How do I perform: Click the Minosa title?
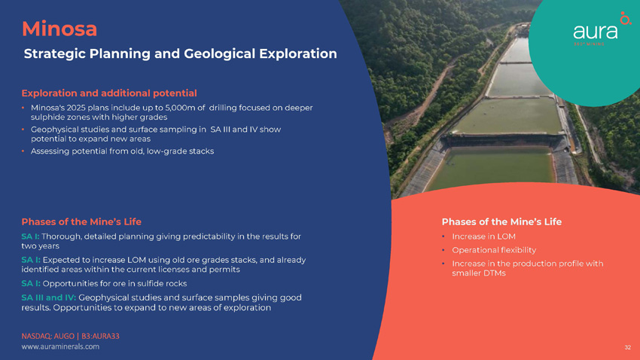59,29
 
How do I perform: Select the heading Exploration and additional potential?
109,93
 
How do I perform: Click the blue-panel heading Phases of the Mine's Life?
81,221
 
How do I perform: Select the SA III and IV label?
49,297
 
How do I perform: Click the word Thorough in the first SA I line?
61,236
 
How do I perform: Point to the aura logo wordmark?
595,32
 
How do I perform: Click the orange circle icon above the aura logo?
625,18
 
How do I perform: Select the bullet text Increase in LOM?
483,236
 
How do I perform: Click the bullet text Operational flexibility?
494,250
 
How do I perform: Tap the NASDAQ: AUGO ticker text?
47,336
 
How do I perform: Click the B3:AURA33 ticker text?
100,336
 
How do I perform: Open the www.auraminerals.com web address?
60,346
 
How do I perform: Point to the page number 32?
627,347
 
